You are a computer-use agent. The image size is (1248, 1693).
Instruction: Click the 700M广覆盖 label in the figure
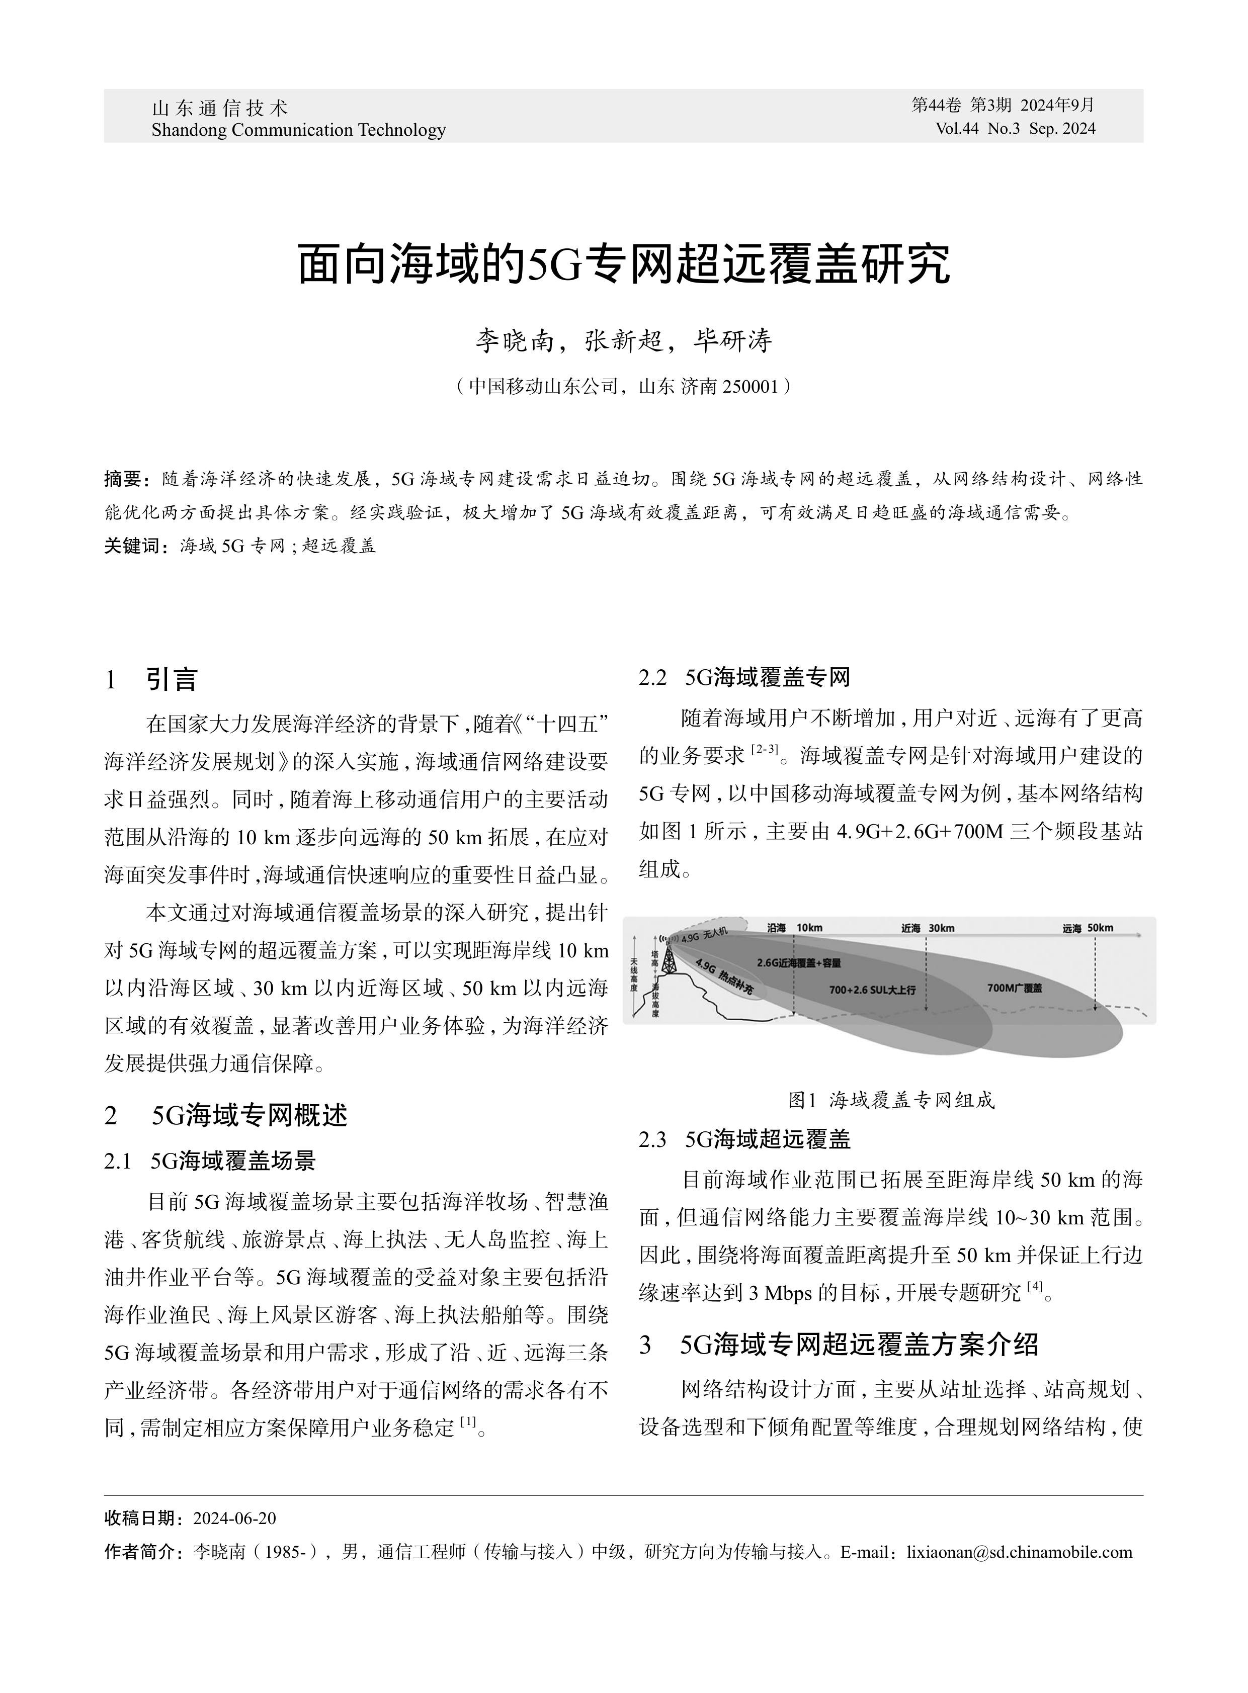coord(1014,988)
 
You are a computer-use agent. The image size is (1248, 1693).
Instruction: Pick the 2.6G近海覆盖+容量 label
coord(798,963)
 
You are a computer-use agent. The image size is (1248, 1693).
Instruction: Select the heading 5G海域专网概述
coord(249,1115)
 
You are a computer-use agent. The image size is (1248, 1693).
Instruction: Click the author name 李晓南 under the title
coord(513,341)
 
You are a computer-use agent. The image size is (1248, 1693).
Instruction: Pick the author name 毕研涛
coord(733,341)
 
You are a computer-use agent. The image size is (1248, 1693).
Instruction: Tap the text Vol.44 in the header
coord(956,129)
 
